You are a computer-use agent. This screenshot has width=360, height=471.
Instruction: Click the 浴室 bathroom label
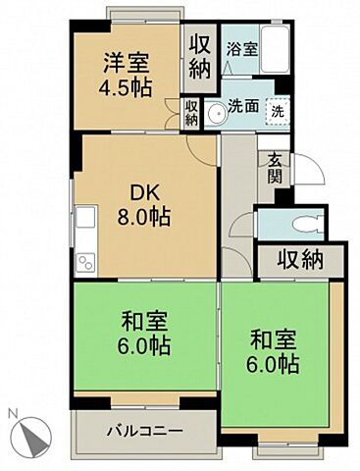[x=240, y=47]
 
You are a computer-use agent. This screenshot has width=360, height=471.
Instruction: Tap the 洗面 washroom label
[x=243, y=107]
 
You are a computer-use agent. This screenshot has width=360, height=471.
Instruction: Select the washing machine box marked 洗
[x=278, y=112]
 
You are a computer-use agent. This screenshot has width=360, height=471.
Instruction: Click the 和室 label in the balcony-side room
[x=144, y=321]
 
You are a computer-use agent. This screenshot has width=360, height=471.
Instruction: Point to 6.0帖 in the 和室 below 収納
[x=274, y=365]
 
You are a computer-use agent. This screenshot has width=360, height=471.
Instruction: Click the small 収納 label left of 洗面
[x=191, y=111]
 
